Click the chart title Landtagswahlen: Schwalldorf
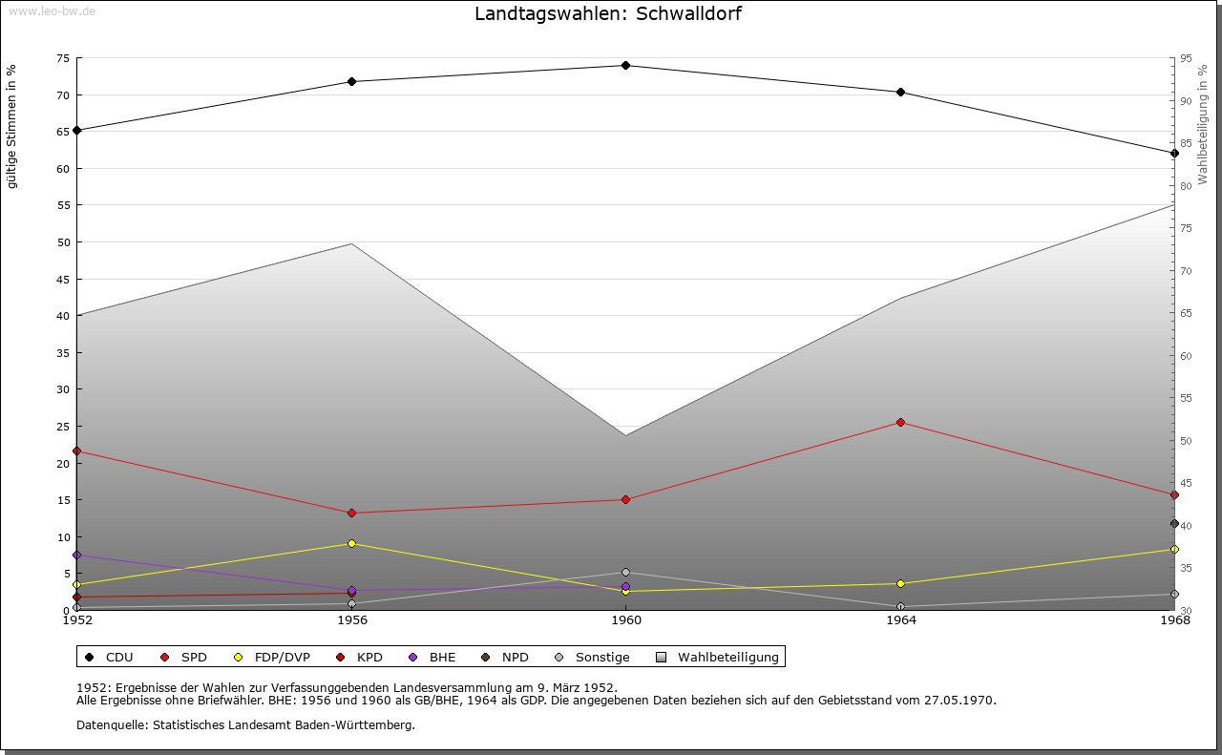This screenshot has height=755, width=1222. pos(608,14)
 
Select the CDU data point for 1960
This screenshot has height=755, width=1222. pos(625,66)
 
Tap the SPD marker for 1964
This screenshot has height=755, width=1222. pos(900,422)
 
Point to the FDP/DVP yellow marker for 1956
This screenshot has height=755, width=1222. pos(351,544)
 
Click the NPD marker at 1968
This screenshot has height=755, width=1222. pos(1174,523)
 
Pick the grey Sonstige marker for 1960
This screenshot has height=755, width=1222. pos(625,573)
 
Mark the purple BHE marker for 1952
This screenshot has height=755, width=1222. pos(76,555)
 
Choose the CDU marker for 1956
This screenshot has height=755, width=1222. pos(351,82)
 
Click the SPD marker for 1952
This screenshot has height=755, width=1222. pos(76,451)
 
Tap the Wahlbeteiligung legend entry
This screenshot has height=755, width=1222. pos(727,658)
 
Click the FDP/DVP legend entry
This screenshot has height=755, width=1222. pos(282,658)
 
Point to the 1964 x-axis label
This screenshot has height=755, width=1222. pos(900,620)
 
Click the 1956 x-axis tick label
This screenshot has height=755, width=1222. pos(351,620)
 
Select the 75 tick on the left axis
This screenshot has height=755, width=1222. pos(63,58)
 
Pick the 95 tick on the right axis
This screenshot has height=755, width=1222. pos(1186,58)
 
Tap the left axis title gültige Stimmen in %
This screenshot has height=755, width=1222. pos(12,127)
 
